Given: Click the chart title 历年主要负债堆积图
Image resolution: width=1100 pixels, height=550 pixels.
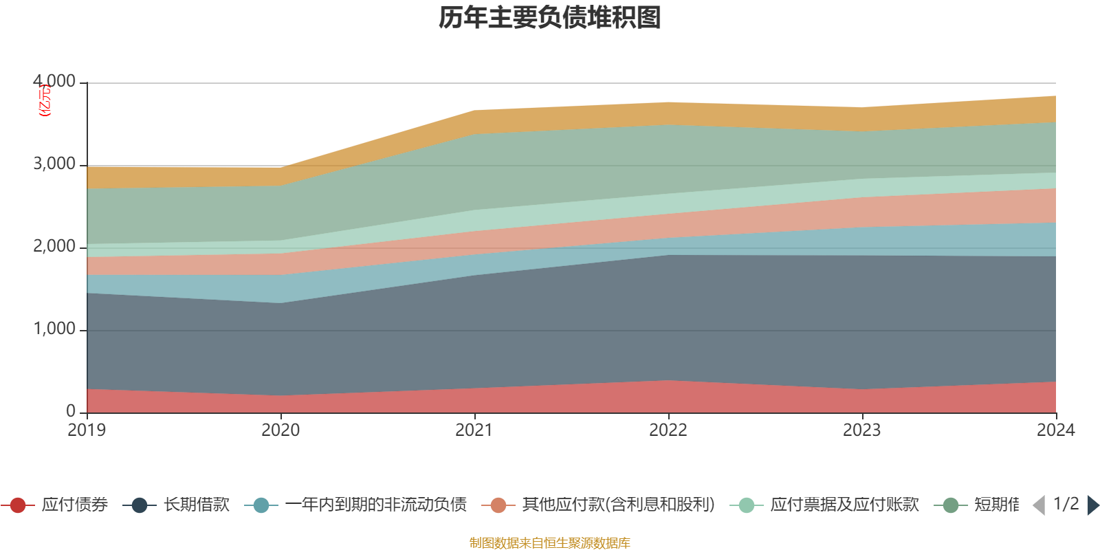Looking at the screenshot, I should [550, 18].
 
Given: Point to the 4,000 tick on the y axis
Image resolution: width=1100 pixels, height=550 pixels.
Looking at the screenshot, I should [54, 82].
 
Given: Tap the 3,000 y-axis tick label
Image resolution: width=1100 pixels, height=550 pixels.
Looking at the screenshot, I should [54, 164].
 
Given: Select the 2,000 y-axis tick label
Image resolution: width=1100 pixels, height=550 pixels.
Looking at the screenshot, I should [54, 247].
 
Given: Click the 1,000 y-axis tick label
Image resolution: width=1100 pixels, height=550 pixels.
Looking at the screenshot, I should [54, 329].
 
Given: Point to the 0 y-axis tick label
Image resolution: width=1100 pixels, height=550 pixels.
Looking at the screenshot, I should [71, 411].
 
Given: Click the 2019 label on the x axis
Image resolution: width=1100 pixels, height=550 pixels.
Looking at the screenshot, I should [87, 430].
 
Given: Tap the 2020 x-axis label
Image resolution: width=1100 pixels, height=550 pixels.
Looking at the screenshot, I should [280, 430].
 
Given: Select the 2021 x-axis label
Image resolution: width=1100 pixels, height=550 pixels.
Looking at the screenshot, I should [474, 430].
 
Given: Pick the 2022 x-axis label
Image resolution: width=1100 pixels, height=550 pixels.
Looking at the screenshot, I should [668, 430].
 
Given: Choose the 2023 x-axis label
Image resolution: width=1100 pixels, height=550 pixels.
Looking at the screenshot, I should [862, 430].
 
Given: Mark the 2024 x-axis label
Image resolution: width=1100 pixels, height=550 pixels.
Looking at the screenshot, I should [1055, 430].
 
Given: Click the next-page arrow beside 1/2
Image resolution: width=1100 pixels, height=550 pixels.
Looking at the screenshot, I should [1092, 505].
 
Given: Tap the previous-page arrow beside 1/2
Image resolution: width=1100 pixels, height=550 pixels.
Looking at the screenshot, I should [1039, 505].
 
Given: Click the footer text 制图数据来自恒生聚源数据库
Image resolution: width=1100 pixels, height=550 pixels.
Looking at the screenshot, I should [550, 543].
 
